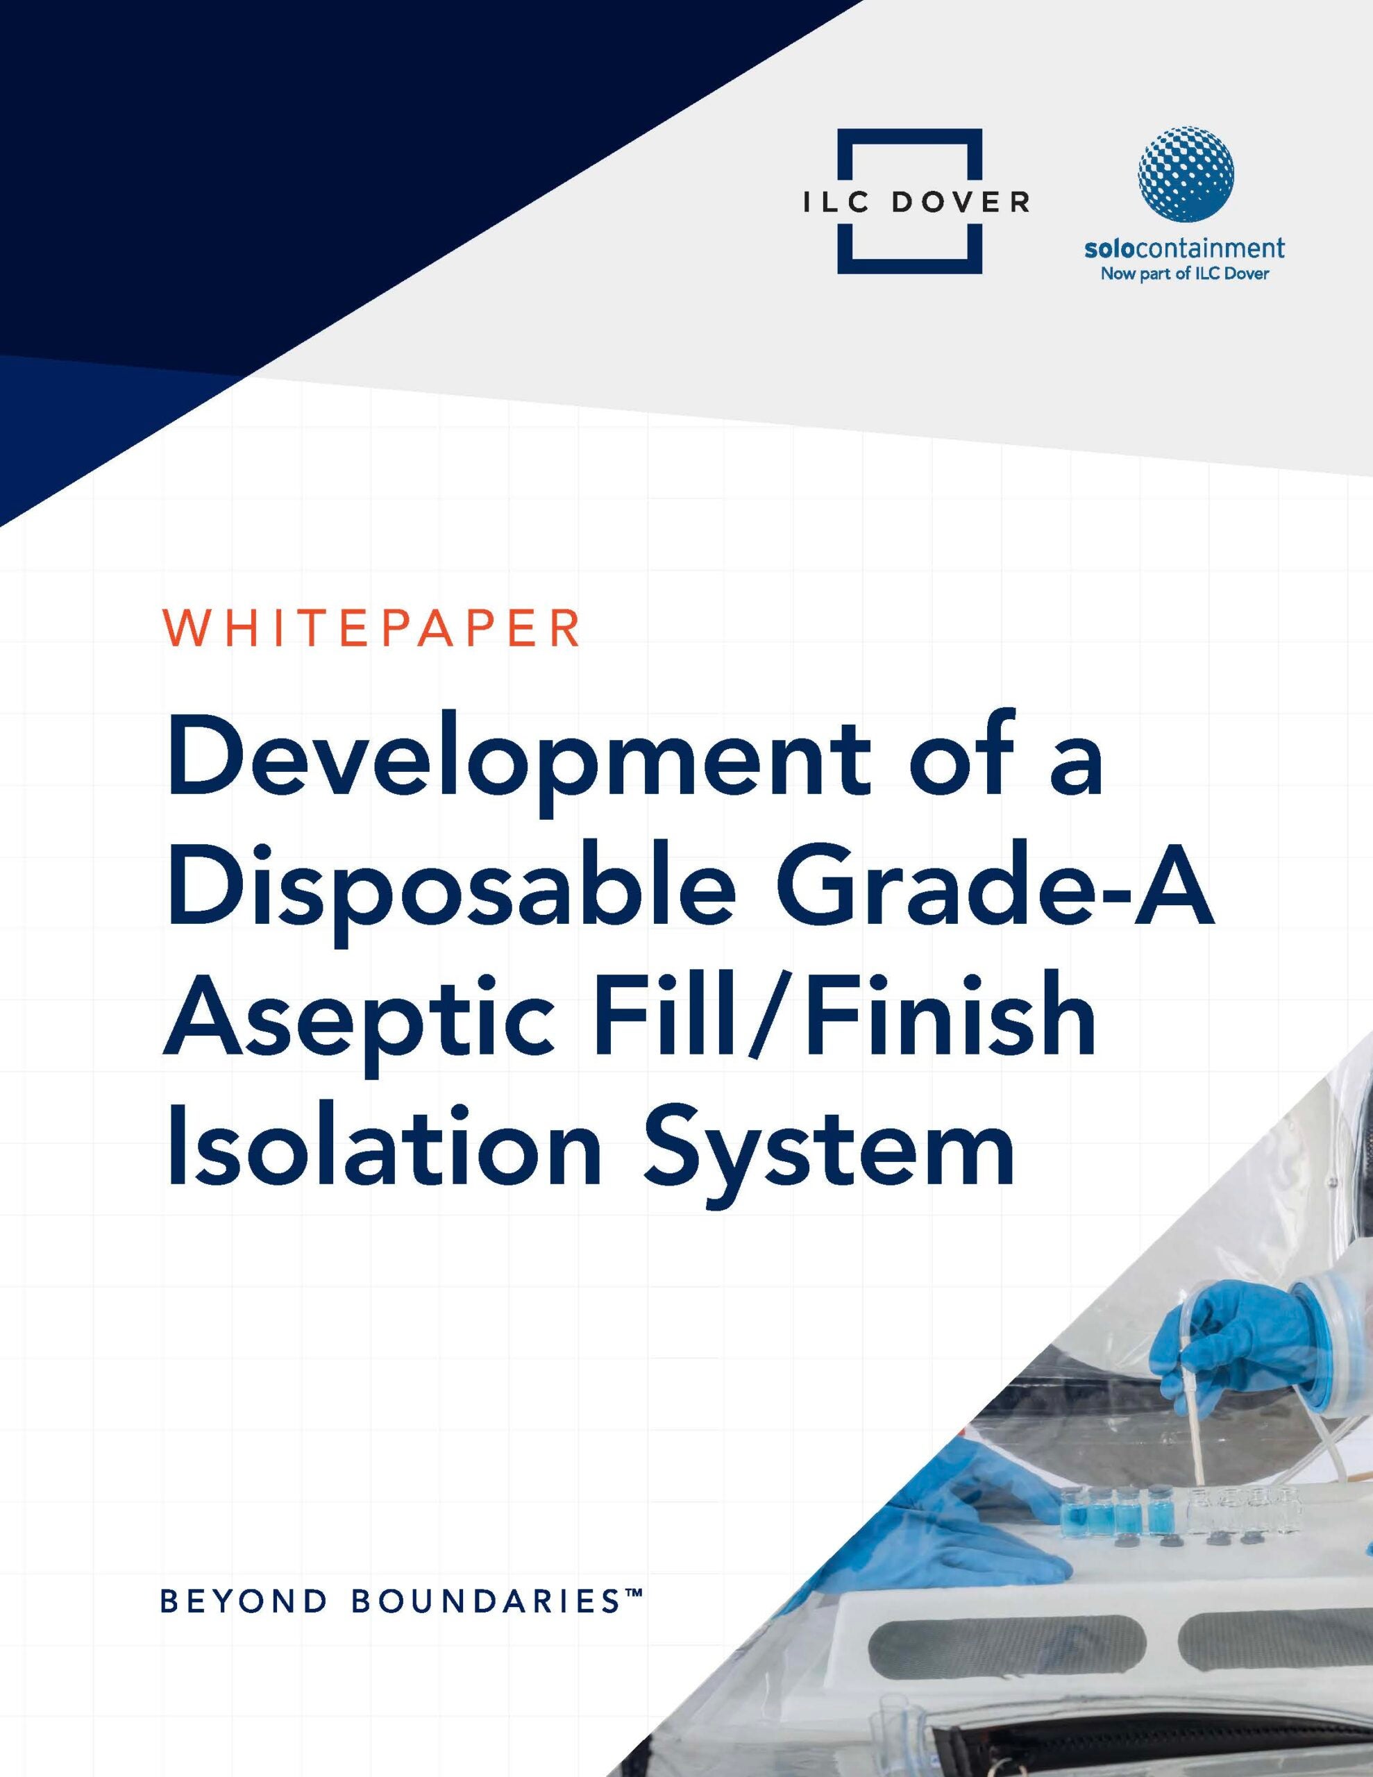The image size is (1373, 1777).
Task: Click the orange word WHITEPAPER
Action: [373, 628]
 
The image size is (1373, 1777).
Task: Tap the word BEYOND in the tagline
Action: [242, 1602]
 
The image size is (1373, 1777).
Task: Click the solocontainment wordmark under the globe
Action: [1184, 249]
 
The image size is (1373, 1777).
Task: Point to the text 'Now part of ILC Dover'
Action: [1184, 274]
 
